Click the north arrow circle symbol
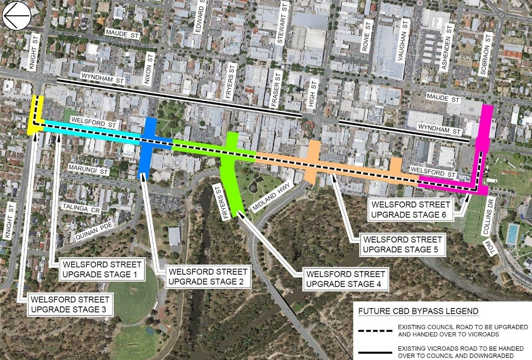[x=17, y=15]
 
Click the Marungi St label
[x=89, y=170]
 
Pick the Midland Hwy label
[x=272, y=197]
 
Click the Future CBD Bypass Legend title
[x=418, y=311]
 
